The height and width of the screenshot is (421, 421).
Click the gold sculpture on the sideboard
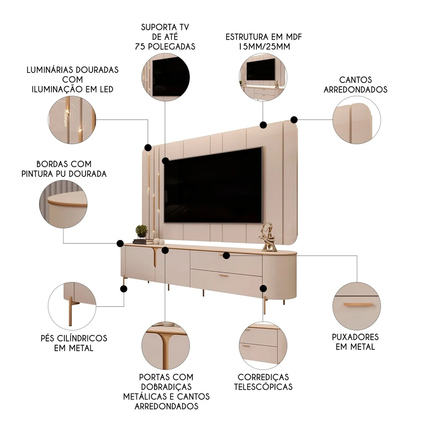click(x=268, y=237)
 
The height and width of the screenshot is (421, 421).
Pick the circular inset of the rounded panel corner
click(x=356, y=120)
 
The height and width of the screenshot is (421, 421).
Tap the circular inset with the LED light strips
click(x=72, y=120)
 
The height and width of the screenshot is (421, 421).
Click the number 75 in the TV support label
click(x=141, y=47)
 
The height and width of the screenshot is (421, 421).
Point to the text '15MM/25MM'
click(x=264, y=47)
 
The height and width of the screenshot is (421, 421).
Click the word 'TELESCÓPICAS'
click(x=263, y=386)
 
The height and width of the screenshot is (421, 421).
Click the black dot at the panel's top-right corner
click(x=294, y=120)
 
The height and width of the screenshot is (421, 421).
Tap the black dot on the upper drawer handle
click(x=226, y=255)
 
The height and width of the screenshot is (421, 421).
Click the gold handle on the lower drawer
click(x=223, y=276)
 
